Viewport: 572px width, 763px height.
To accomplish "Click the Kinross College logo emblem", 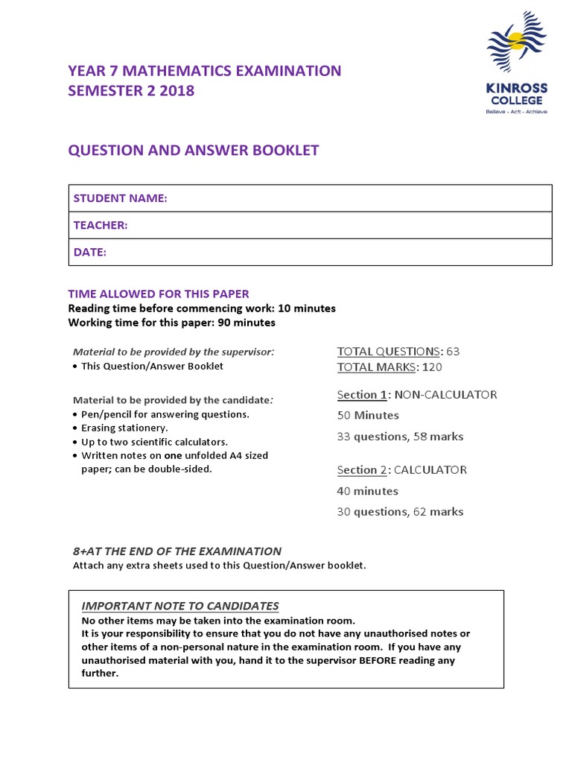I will pos(516,45).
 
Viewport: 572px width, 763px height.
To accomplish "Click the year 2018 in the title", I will pos(177,91).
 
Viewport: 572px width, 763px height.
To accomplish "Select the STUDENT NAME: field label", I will pos(120,198).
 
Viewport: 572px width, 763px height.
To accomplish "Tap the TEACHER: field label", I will pos(101,225).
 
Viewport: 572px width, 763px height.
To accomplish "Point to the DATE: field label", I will pos(90,252).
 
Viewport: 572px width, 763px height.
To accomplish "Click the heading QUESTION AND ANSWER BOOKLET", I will pos(194,151).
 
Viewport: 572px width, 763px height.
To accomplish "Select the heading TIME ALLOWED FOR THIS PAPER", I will pos(159,294).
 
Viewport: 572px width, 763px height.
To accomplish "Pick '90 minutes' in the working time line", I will pos(246,323).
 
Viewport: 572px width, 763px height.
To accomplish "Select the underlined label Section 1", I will pos(362,395).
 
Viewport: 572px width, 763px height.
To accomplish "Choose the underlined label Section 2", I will pos(362,470).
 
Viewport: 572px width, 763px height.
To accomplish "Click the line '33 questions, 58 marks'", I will pos(400,437).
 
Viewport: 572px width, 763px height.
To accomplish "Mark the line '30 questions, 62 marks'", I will pos(400,512).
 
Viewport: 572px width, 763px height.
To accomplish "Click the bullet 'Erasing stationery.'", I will pos(124,428).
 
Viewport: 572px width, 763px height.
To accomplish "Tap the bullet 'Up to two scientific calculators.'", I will pos(154,441).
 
